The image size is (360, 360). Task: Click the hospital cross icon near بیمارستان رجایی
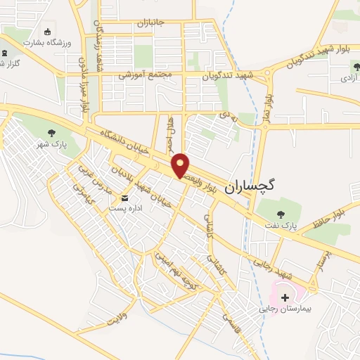(x=285, y=297)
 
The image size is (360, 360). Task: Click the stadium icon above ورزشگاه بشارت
(x=48, y=31)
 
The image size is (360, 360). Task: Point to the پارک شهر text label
(x=51, y=143)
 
